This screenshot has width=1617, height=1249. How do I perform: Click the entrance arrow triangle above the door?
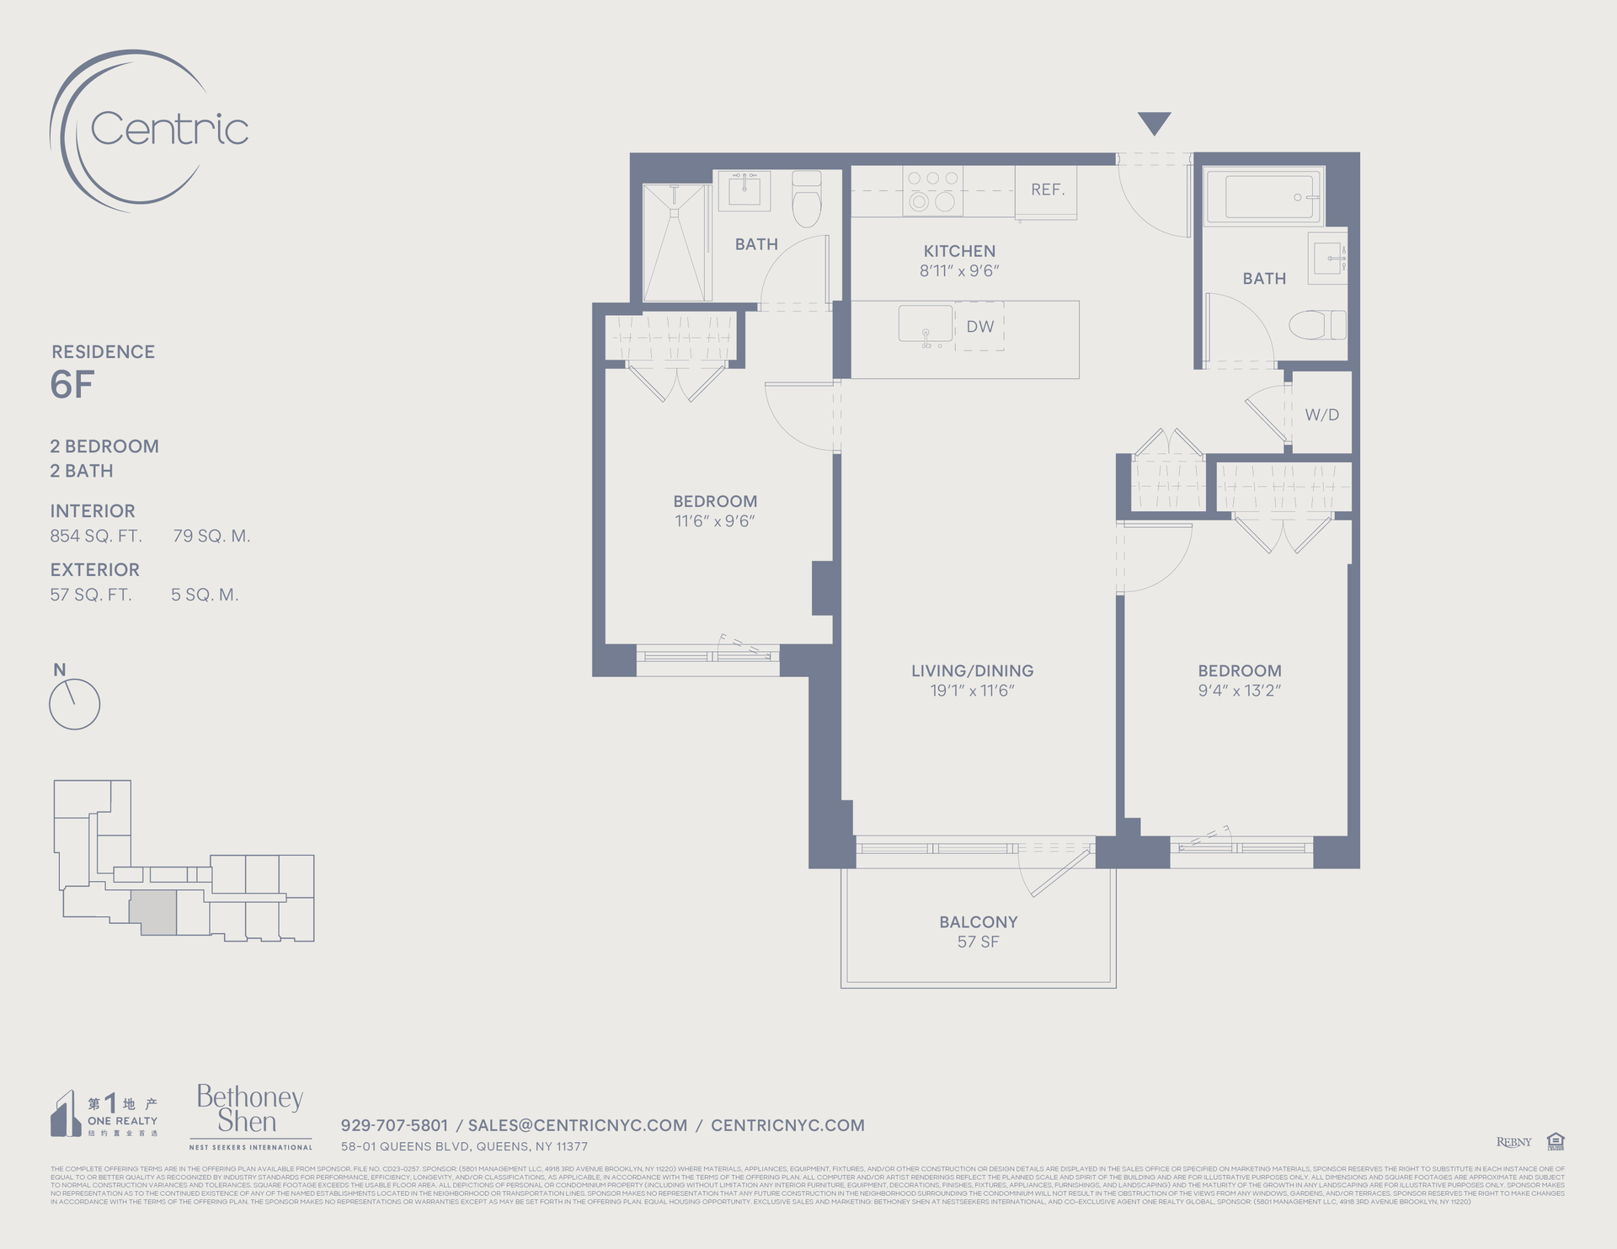pos(1154,122)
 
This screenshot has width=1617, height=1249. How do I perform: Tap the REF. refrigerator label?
pos(1048,189)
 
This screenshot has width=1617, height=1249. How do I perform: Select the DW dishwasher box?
pos(979,326)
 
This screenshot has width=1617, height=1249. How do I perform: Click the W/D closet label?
pos(1321,414)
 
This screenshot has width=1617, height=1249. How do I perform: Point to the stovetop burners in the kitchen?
pos(932,190)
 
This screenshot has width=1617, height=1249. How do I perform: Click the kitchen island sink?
pos(925,324)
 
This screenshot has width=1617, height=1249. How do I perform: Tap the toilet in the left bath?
pos(807,200)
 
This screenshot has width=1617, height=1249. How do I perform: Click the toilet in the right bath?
pos(1317,324)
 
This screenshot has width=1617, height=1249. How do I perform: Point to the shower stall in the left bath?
pos(675,243)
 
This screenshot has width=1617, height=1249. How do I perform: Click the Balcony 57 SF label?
pos(978,931)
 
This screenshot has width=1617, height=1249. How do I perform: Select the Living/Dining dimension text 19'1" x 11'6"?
pos(972,691)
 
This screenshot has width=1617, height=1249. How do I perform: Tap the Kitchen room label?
pos(959,251)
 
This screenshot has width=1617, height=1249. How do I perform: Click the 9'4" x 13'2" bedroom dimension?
pos(1239,691)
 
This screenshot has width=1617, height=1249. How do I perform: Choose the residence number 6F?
pos(72,385)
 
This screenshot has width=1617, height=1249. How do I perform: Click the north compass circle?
pos(75,704)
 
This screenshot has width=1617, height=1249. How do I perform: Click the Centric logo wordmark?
pos(169,129)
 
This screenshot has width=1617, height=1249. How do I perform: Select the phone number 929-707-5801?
pos(394,1125)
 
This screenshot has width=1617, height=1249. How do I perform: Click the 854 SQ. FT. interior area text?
pos(96,536)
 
